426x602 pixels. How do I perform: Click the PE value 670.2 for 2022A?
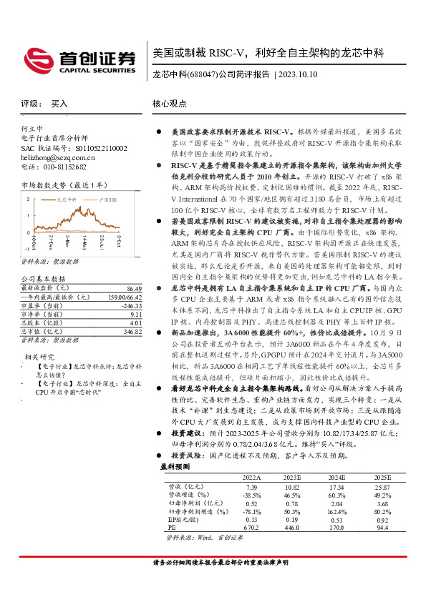click(x=251, y=528)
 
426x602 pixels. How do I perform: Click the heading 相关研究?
click(x=40, y=355)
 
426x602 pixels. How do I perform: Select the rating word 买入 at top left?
click(x=59, y=104)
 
